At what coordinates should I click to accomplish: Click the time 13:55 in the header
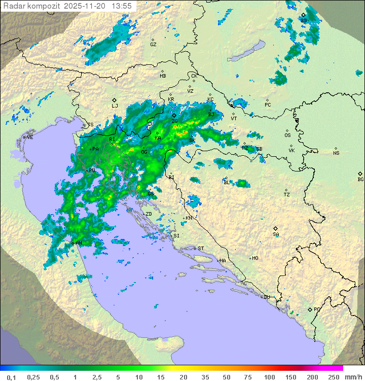tap(122, 6)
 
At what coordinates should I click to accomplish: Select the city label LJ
tap(115, 106)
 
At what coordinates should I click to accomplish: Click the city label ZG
tap(174, 121)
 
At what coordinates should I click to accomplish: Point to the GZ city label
tap(153, 44)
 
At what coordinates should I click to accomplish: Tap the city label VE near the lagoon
tap(30, 137)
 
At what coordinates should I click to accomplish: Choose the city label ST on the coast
tap(201, 248)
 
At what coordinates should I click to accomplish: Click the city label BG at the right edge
tap(360, 179)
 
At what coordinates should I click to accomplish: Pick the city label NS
tap(336, 153)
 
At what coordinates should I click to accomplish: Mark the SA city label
tap(276, 234)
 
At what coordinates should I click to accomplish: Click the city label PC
tap(268, 105)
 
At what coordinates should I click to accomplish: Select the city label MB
tap(163, 76)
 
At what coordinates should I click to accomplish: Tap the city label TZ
tap(287, 194)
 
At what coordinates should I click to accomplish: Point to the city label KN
tap(189, 218)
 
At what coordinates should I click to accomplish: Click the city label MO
tap(255, 258)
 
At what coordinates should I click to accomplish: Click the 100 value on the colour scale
tap(269, 377)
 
